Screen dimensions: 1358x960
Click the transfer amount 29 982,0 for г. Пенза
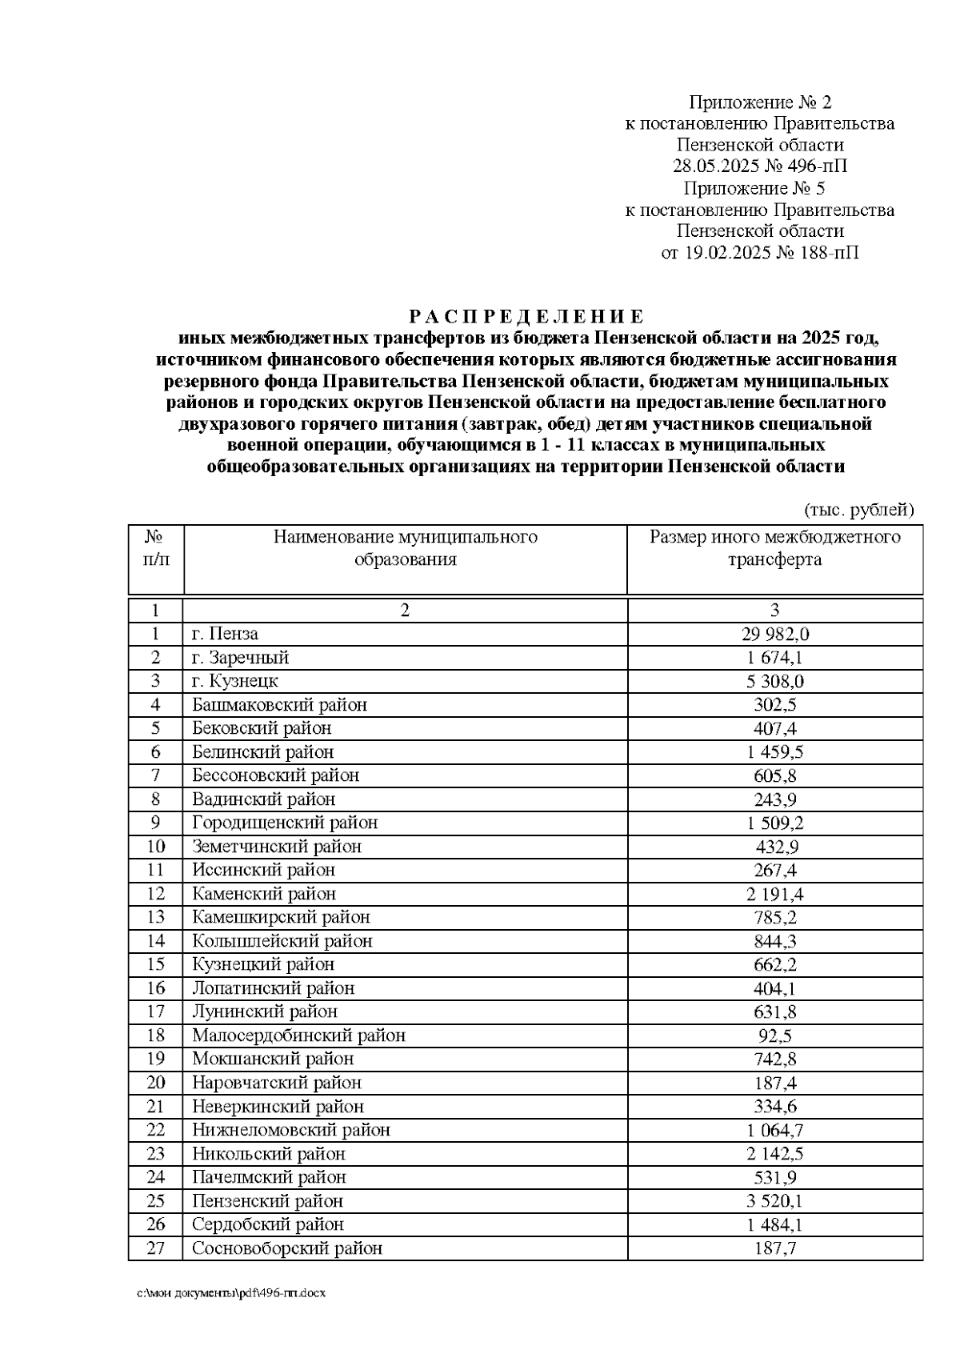[x=774, y=634]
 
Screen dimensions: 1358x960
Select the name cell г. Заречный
[x=240, y=658]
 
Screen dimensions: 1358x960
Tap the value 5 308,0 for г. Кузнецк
[x=774, y=681]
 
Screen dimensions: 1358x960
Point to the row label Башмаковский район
[x=279, y=705]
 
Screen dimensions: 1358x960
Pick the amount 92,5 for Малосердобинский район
[x=774, y=1036]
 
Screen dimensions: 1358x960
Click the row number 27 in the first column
[x=156, y=1248]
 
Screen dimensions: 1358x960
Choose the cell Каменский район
[x=263, y=894]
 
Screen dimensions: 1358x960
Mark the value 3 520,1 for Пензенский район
[x=774, y=1200]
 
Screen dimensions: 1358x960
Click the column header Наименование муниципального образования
[x=405, y=548]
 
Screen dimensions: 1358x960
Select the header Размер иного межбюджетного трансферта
[x=774, y=548]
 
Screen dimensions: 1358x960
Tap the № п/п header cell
[x=156, y=548]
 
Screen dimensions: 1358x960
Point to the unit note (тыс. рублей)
[x=858, y=510]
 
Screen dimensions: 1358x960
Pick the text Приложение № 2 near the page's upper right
[x=760, y=102]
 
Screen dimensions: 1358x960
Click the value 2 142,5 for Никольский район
[x=774, y=1153]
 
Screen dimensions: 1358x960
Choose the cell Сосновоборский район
[x=286, y=1248]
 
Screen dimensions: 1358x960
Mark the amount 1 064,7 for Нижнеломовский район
[x=774, y=1130]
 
